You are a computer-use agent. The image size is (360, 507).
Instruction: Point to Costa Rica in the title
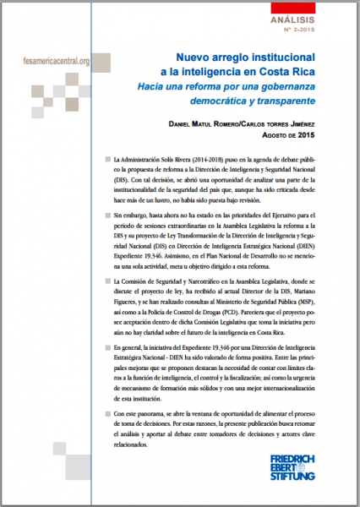(x=293, y=74)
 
